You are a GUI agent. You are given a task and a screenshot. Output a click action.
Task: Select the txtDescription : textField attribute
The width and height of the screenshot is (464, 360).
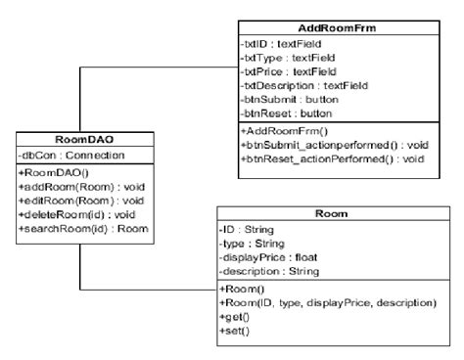tap(304, 85)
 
